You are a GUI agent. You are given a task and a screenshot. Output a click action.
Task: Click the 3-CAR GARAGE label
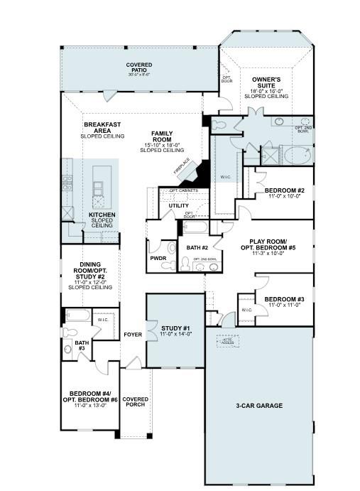click(259, 406)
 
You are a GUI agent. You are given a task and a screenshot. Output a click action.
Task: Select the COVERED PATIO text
click(139, 69)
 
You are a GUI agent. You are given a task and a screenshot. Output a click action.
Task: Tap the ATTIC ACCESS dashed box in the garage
click(228, 342)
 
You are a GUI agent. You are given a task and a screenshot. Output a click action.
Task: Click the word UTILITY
click(178, 205)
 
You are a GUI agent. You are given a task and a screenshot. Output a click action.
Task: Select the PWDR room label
click(158, 259)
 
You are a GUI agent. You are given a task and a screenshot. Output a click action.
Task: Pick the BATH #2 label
click(197, 247)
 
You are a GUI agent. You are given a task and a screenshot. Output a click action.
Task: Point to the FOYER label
click(133, 334)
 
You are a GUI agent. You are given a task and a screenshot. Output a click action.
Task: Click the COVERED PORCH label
click(135, 402)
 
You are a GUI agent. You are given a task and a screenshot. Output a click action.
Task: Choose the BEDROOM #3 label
click(285, 301)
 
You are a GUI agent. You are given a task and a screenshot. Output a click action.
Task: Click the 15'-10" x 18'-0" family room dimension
click(162, 145)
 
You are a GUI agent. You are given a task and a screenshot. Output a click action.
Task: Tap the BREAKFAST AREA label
click(102, 128)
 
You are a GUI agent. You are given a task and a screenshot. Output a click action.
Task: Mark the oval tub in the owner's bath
click(297, 154)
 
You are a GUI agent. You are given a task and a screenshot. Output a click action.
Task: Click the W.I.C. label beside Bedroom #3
click(246, 310)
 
